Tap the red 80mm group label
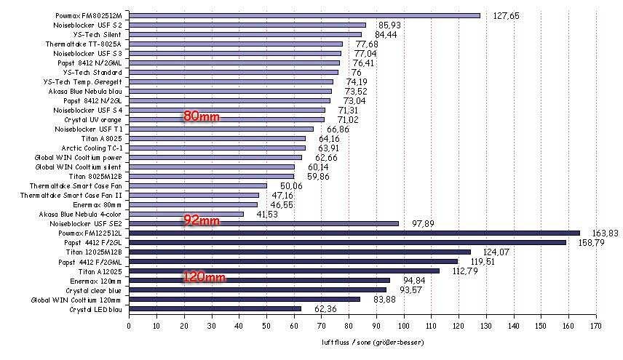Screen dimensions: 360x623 point(201,116)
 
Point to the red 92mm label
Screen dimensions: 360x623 point(201,220)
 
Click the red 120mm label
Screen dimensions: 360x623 point(204,277)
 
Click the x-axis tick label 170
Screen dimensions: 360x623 point(595,326)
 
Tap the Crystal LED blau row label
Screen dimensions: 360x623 point(95,308)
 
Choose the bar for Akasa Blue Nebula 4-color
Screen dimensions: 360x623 point(186,214)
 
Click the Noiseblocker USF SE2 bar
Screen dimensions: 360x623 point(263,223)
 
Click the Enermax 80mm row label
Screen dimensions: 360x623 point(98,204)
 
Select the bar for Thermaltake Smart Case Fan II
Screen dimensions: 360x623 point(194,195)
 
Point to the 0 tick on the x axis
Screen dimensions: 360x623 point(129,326)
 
